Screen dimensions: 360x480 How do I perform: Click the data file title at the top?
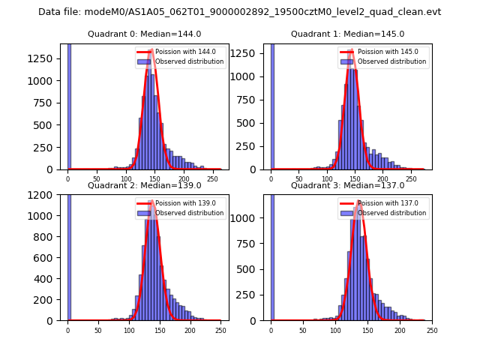239,12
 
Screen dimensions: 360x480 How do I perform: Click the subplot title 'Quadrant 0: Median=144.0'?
144,34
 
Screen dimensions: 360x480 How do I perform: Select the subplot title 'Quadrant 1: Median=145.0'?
347,34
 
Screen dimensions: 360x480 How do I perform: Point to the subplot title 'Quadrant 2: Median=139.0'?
144,185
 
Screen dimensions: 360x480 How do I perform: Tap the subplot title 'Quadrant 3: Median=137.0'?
347,185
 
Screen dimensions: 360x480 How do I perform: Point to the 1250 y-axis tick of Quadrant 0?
46,59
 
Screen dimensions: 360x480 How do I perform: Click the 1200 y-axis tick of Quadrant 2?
46,195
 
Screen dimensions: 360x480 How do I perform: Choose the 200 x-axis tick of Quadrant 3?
400,331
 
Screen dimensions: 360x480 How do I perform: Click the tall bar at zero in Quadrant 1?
271,105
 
